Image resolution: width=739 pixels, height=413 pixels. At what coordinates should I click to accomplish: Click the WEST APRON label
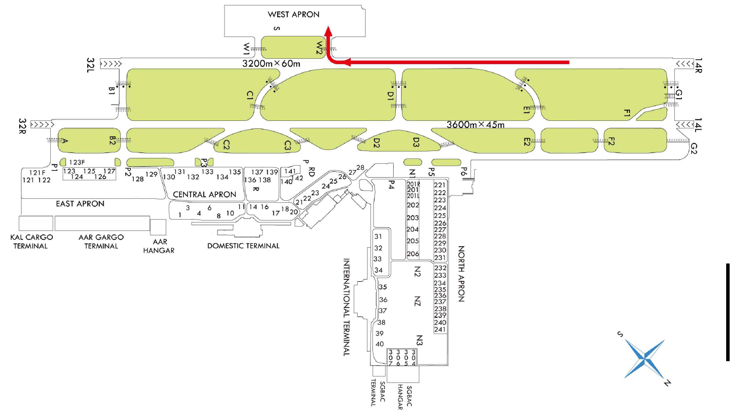(294, 14)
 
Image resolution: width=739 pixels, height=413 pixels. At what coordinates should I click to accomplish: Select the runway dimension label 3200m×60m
(271, 64)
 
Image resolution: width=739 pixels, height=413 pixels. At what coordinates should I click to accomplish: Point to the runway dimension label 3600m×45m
(476, 125)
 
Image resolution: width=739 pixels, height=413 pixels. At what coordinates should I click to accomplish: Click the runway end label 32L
(90, 65)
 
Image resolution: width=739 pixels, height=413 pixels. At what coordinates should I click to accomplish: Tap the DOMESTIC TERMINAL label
(243, 246)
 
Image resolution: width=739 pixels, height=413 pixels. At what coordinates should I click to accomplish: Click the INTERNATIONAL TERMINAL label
(346, 307)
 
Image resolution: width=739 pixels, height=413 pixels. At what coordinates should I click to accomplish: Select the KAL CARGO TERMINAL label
(31, 242)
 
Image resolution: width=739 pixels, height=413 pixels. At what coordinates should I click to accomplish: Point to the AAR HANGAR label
(159, 246)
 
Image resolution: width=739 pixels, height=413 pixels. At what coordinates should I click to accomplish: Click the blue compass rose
(645, 359)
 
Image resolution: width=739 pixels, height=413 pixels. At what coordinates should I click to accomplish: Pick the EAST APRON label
(80, 204)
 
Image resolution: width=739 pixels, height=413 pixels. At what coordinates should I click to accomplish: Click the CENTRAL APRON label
(204, 194)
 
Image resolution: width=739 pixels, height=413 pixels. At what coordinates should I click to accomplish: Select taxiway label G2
(694, 148)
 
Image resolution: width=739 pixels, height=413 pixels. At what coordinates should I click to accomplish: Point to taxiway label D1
(390, 95)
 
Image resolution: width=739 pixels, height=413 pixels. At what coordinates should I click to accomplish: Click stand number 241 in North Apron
(440, 330)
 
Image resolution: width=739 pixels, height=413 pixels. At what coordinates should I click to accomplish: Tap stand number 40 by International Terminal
(379, 344)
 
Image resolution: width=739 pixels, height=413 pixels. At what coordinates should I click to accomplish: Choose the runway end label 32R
(22, 126)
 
